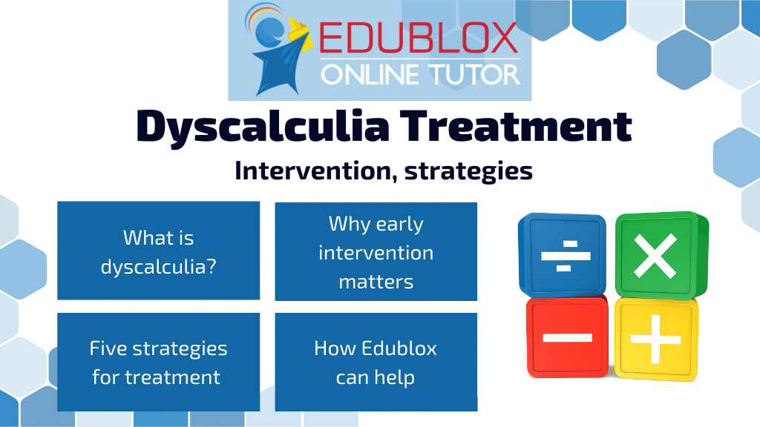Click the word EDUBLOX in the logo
419,38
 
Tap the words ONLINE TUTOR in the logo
420,75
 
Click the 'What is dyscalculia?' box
159,251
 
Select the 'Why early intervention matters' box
376,251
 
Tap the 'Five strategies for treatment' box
159,362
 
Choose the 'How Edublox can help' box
376,362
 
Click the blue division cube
563,255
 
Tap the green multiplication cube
661,255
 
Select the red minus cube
567,337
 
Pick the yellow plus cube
656,339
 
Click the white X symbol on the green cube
655,256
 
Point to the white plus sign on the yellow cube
656,340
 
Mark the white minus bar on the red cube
568,337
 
